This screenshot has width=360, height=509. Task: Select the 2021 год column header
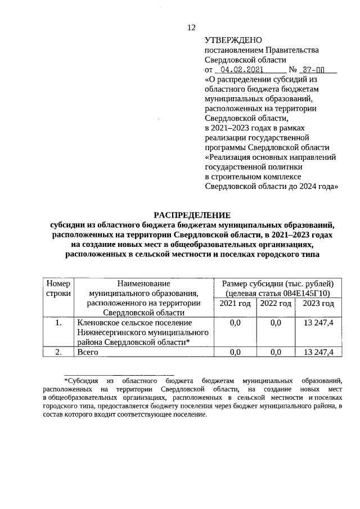pos(235,304)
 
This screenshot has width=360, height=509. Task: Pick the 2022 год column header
pos(275,304)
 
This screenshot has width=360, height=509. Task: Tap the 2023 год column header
pos(318,304)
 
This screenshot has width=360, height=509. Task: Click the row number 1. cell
pos(58,322)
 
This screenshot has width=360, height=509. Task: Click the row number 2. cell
pos(58,352)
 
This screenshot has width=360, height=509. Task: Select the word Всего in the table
pos(88,352)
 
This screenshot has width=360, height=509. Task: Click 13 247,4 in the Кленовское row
pos(318,322)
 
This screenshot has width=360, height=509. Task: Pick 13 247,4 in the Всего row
pos(318,352)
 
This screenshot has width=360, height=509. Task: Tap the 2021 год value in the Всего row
pos(235,352)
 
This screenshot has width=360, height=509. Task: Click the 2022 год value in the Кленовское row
pos(275,322)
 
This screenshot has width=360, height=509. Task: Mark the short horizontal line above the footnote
pos(119,373)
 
